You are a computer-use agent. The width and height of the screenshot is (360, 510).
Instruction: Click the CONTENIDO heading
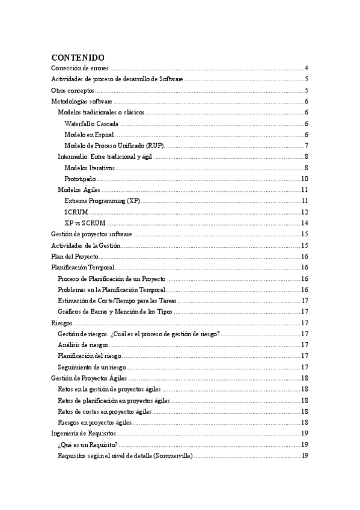pos(78,57)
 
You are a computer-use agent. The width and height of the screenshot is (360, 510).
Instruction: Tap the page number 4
pos(306,68)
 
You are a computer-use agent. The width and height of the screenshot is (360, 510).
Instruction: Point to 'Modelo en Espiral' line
pos(89,135)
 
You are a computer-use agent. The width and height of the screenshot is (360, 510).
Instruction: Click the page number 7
pos(306,146)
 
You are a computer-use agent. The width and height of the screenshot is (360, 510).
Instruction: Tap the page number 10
pos(305,179)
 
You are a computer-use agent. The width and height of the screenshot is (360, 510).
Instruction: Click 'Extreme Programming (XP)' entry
pos(102,201)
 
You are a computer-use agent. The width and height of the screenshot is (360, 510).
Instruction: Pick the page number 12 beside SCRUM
pos(305,212)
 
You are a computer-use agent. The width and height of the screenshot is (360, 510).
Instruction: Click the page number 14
pos(305,223)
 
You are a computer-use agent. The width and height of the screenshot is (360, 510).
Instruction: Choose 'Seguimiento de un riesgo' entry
pos(91,367)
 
